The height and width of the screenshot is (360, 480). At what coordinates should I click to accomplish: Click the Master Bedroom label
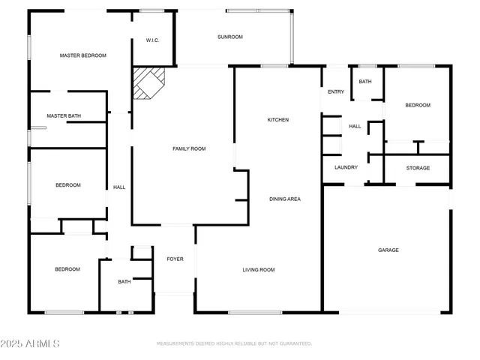pyautogui.click(x=83, y=55)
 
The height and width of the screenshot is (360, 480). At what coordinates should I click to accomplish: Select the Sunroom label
pyautogui.click(x=230, y=37)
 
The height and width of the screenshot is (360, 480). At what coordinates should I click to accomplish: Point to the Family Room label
pyautogui.click(x=189, y=148)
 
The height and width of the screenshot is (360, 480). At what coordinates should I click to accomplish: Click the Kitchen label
pyautogui.click(x=278, y=120)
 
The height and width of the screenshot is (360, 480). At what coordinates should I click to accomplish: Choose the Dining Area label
pyautogui.click(x=285, y=199)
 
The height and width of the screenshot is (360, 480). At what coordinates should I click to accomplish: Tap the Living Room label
pyautogui.click(x=258, y=270)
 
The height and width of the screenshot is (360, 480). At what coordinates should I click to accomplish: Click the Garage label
pyautogui.click(x=388, y=250)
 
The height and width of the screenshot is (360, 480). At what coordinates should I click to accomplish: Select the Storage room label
pyautogui.click(x=418, y=168)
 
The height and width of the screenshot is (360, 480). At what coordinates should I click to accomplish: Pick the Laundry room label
pyautogui.click(x=346, y=168)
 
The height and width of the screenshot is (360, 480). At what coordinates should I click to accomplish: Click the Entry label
pyautogui.click(x=336, y=92)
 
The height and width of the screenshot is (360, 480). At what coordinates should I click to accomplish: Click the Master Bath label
pyautogui.click(x=64, y=116)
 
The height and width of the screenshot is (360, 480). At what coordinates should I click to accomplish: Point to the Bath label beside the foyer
pyautogui.click(x=124, y=282)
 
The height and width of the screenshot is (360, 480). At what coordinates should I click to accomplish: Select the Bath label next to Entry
pyautogui.click(x=365, y=82)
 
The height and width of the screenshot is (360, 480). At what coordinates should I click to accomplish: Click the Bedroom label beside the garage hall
pyautogui.click(x=418, y=106)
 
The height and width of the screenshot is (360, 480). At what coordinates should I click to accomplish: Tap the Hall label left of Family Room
pyautogui.click(x=118, y=187)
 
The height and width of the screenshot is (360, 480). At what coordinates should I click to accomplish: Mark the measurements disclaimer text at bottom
pyautogui.click(x=234, y=343)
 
